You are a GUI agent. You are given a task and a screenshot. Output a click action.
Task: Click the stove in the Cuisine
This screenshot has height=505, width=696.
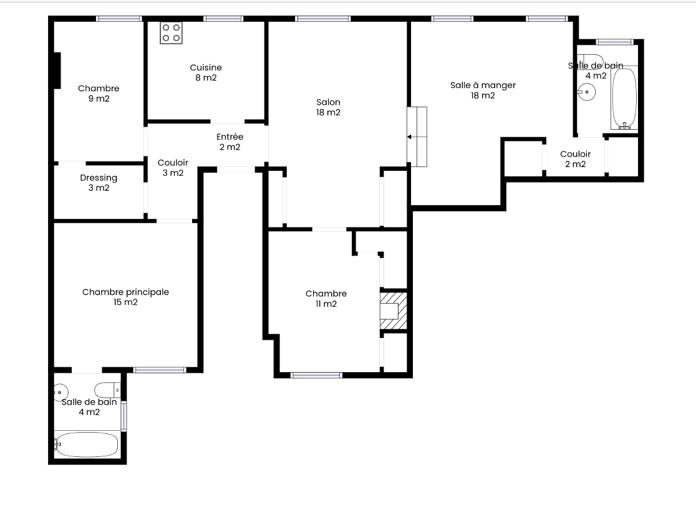[x=172, y=33]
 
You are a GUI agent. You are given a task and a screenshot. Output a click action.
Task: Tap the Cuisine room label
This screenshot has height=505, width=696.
[x=206, y=72]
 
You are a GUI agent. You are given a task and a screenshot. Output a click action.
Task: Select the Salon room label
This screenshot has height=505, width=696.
[x=328, y=107]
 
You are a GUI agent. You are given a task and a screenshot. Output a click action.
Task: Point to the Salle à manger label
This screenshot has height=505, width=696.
[x=483, y=90]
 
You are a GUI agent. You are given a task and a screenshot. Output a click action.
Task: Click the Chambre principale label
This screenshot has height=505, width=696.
[x=125, y=297]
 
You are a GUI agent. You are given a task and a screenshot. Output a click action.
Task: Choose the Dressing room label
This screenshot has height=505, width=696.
[x=99, y=183]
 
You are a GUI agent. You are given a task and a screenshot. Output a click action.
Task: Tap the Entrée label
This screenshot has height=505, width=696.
[x=230, y=142]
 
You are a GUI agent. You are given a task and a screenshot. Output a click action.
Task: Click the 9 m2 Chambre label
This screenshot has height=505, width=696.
[x=99, y=93]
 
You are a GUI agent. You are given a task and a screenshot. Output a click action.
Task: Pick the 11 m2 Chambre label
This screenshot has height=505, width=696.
[x=326, y=298]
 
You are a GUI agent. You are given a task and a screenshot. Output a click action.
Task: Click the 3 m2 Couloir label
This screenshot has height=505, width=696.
[x=173, y=167]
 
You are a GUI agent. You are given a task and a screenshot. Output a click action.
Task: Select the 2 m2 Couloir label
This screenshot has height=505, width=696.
[x=575, y=159]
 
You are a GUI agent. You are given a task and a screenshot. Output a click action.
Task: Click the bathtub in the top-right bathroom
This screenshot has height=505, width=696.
[x=624, y=99]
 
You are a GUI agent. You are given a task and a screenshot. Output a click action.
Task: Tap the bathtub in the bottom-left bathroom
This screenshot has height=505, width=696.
[x=87, y=444]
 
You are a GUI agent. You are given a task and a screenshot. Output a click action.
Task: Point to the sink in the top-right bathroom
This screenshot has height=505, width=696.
[x=586, y=92]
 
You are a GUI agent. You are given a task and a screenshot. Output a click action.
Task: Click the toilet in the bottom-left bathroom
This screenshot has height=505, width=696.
[x=107, y=390]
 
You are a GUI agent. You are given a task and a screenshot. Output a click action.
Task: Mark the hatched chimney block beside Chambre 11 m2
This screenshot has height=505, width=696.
[x=394, y=311]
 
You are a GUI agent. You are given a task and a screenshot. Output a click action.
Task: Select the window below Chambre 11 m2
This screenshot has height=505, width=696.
[x=316, y=375]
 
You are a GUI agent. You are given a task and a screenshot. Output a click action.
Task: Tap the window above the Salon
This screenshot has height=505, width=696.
[x=322, y=19]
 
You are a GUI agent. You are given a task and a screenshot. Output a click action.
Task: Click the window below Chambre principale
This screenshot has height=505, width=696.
[x=160, y=370]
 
